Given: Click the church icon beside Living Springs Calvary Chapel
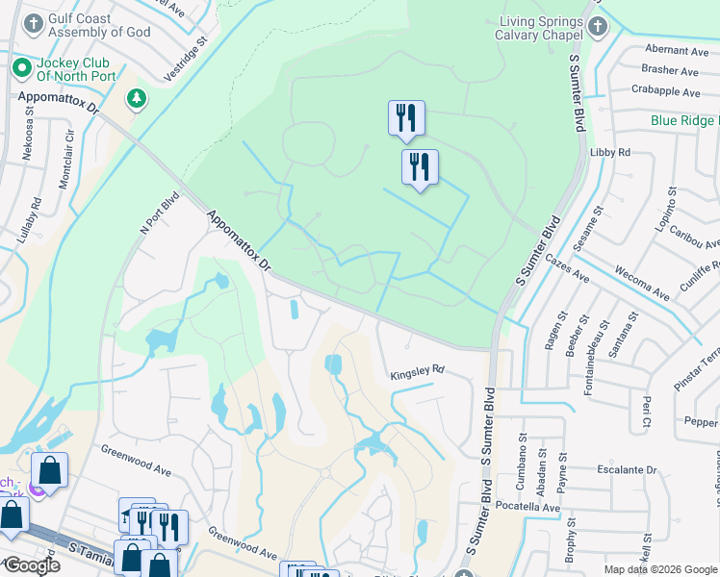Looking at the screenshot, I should (598, 26).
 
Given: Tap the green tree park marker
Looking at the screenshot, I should (137, 98).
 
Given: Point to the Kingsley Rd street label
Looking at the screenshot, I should (416, 369).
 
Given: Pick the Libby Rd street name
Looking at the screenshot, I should (610, 153).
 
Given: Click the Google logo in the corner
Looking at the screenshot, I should (32, 565).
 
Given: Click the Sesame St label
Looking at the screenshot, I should (589, 221).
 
